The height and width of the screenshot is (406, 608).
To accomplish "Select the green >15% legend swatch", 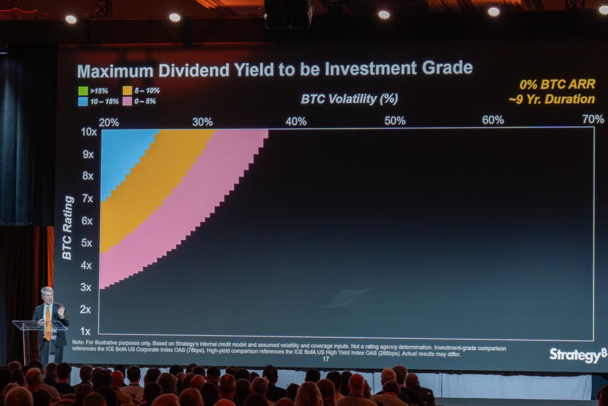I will [83, 91].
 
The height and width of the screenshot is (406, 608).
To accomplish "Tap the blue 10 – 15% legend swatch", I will [83, 101].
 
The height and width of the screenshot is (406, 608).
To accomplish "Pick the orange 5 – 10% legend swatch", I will [128, 91].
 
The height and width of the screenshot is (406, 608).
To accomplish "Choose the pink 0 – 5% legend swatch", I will [128, 101].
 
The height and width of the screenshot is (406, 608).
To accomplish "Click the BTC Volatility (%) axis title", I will [349, 99].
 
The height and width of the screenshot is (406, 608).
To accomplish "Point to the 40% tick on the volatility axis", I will [296, 121].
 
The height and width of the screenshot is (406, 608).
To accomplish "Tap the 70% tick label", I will [593, 119].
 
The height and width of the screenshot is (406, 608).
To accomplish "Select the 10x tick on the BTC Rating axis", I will [88, 131].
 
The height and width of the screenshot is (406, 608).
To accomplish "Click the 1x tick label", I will [85, 331].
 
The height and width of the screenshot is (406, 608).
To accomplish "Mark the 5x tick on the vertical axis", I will [87, 243].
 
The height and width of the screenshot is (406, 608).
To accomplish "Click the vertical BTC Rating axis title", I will [68, 228].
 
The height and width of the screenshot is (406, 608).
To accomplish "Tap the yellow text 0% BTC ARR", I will [557, 84].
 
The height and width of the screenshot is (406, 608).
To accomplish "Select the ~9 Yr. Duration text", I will [552, 99].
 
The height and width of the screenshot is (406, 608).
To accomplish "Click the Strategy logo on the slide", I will [577, 355].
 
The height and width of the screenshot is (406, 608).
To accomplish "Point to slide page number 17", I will [325, 359].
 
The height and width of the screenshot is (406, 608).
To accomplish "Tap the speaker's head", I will [47, 294].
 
